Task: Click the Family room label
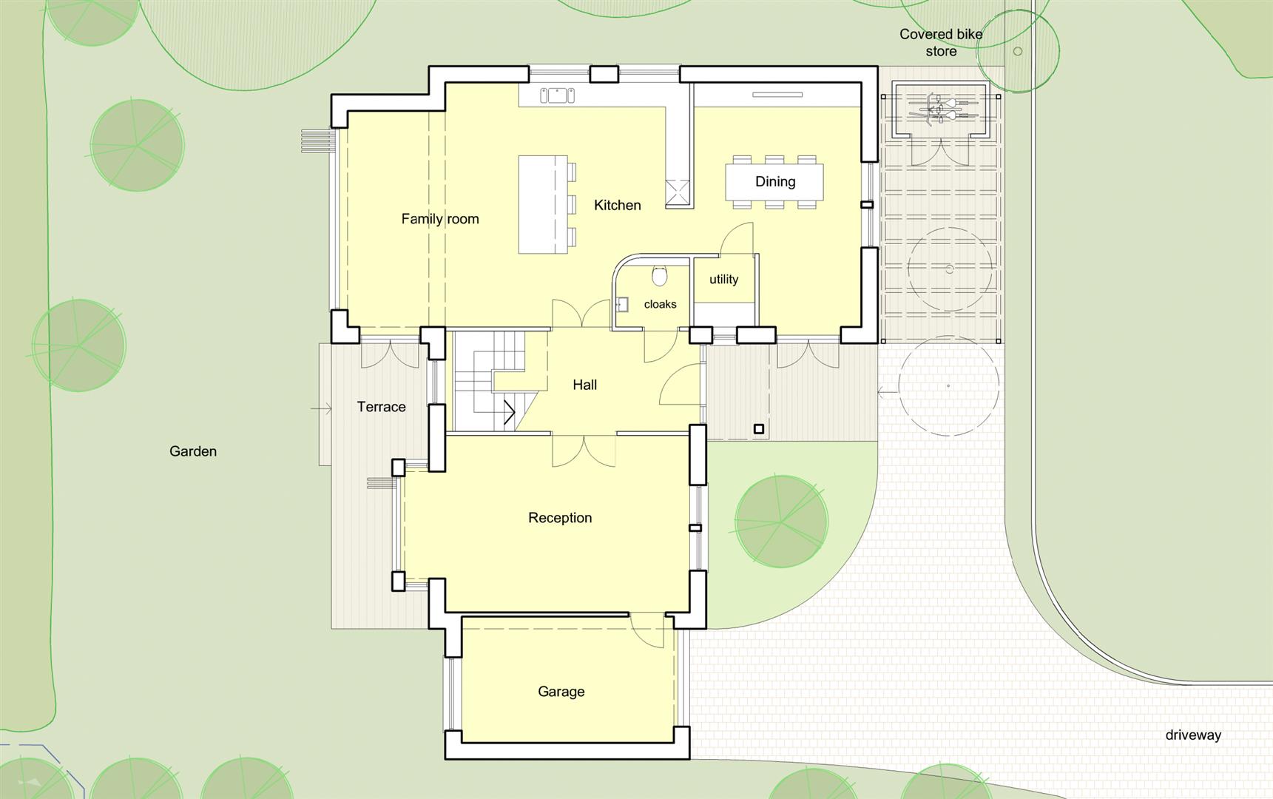pos(440,219)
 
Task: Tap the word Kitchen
pos(617,205)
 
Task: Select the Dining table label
pos(775,182)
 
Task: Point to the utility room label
pos(723,279)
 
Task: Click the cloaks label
pos(660,304)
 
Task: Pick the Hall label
pos(584,385)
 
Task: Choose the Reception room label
pos(560,518)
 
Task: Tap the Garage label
pos(561,692)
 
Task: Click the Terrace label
pos(381,407)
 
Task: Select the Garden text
pos(193,451)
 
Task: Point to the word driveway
pos(1193,735)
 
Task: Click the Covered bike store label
pos(941,43)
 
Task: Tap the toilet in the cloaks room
pos(660,276)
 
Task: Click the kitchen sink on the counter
pos(557,95)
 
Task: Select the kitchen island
pos(543,204)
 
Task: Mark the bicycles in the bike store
pos(939,111)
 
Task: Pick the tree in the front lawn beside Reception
pos(781,522)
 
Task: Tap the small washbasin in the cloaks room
pos(622,304)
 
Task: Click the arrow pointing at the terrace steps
pos(321,408)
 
